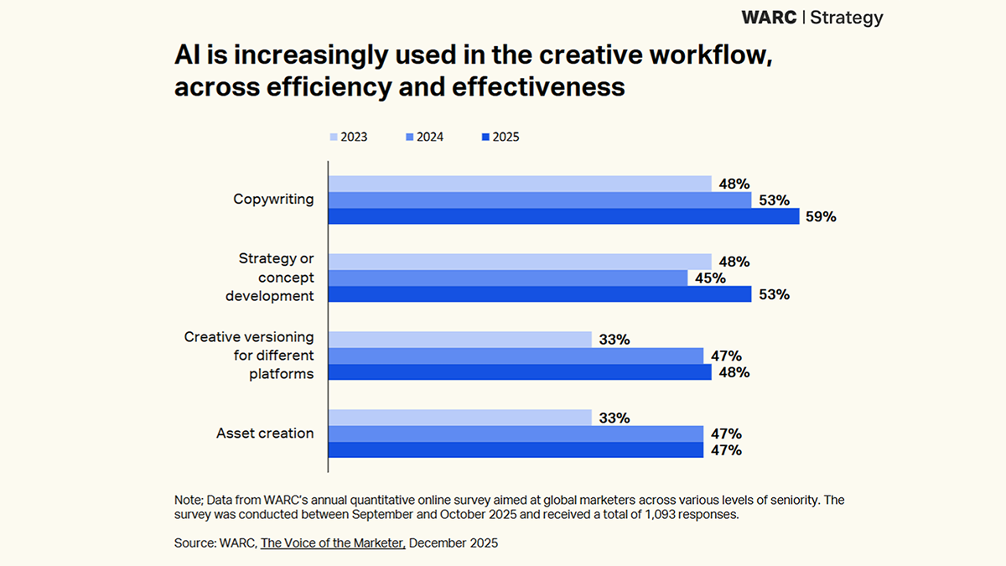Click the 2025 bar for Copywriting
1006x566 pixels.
click(563, 216)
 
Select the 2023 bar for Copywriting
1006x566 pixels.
click(520, 184)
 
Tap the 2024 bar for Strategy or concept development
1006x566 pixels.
click(508, 278)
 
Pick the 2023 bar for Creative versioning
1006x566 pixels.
click(460, 340)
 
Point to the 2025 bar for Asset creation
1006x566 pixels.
click(516, 450)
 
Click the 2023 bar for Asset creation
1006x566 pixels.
click(460, 418)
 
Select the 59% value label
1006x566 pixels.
click(822, 216)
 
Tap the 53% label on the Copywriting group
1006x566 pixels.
click(774, 200)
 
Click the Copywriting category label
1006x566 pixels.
click(273, 200)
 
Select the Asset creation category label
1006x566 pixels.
click(265, 434)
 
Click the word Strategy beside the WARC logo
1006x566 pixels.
click(846, 18)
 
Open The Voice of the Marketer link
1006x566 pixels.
click(333, 543)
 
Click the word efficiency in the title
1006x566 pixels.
click(290, 86)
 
